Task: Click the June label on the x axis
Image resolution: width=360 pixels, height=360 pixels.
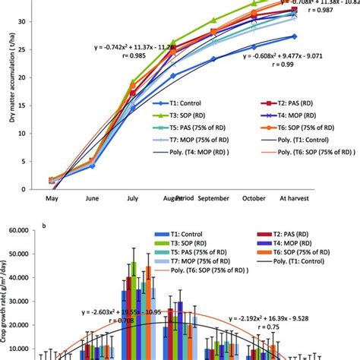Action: (x=92, y=200)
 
